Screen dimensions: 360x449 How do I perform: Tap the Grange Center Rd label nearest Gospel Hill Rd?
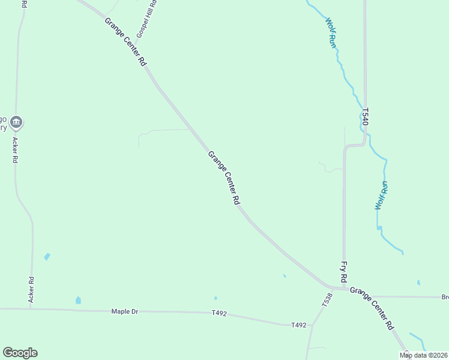(125, 41)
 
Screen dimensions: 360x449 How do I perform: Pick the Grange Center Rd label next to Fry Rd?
(372, 308)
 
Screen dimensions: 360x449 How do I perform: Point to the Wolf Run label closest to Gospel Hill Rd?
(331, 33)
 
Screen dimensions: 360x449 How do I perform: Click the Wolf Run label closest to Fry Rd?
(381, 195)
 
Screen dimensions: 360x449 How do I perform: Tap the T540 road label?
(365, 116)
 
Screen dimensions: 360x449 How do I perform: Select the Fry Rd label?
(344, 271)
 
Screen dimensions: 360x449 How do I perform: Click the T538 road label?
(327, 299)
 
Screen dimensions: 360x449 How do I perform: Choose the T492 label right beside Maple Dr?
(219, 313)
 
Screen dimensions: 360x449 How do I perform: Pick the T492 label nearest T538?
(298, 325)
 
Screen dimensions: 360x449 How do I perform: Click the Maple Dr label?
(125, 311)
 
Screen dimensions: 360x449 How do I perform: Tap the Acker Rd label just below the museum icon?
(16, 151)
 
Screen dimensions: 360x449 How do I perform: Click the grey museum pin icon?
(16, 124)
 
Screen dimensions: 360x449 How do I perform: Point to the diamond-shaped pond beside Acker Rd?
(47, 257)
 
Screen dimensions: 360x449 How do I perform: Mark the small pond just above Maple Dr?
(78, 300)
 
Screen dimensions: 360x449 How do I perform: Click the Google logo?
(20, 353)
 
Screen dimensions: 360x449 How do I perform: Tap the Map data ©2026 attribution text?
(423, 355)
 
